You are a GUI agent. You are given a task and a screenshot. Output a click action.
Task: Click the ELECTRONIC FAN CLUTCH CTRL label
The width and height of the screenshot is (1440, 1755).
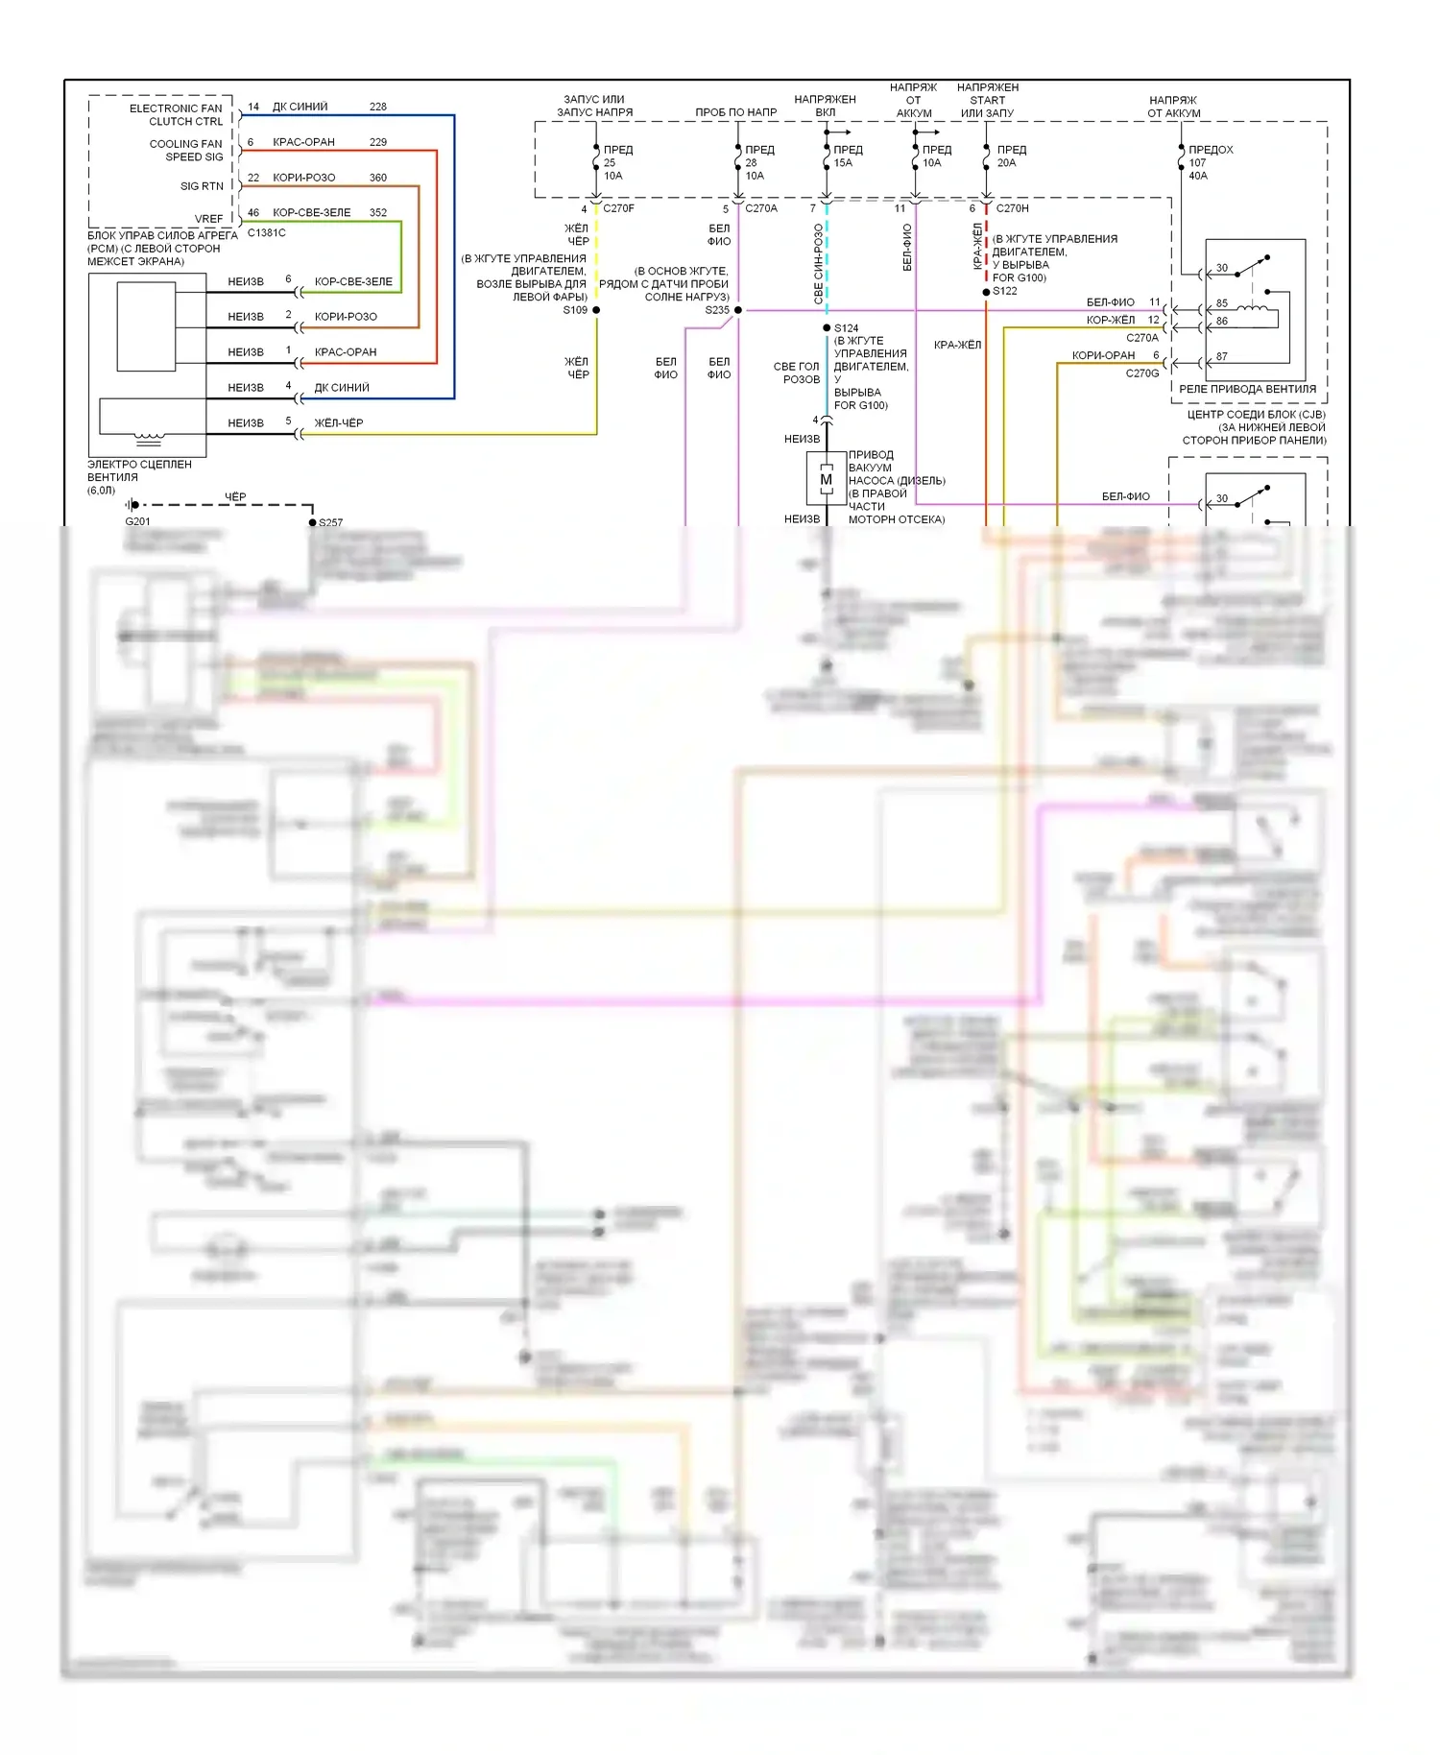pos(177,115)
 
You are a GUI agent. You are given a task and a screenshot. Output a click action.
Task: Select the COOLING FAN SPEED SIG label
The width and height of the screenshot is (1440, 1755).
pos(186,151)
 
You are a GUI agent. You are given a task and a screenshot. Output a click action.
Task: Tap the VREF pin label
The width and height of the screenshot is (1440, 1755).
pos(209,219)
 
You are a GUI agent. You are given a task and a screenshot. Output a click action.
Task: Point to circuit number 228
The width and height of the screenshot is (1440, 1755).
pos(378,107)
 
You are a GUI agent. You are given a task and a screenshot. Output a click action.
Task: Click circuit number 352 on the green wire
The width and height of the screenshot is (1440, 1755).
pos(378,212)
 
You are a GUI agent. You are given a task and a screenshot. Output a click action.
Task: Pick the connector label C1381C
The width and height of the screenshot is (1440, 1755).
pos(266,232)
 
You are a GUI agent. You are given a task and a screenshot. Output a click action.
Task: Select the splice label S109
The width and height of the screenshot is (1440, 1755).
pos(575,310)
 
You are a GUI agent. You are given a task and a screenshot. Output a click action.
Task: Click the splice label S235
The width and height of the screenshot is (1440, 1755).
pos(717,310)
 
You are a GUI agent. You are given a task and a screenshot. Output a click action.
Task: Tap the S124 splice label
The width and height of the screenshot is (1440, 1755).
pos(847,328)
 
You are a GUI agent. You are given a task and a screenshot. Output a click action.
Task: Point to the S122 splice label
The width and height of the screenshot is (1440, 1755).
pos(1005,291)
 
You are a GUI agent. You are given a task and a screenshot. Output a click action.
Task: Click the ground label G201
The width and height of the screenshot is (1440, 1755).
pos(137,521)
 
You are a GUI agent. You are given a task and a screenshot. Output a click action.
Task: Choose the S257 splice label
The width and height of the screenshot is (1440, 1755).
pos(330,522)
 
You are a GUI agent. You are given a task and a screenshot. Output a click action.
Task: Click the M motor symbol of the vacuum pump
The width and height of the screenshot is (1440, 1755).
pos(826,479)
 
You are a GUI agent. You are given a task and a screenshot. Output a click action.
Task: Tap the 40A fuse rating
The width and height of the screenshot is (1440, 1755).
pos(1198,176)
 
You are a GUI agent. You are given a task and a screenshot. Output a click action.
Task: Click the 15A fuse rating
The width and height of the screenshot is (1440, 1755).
pos(843,163)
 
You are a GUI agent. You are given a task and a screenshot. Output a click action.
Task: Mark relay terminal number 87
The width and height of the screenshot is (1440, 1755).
pos(1222,356)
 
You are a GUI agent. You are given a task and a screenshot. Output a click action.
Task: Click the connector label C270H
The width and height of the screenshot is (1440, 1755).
pos(1012,208)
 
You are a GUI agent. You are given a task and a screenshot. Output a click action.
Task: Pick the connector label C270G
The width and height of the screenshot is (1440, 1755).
pos(1142,373)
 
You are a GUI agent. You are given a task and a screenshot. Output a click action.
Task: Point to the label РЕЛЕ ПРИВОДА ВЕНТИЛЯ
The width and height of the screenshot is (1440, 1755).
pos(1247,389)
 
